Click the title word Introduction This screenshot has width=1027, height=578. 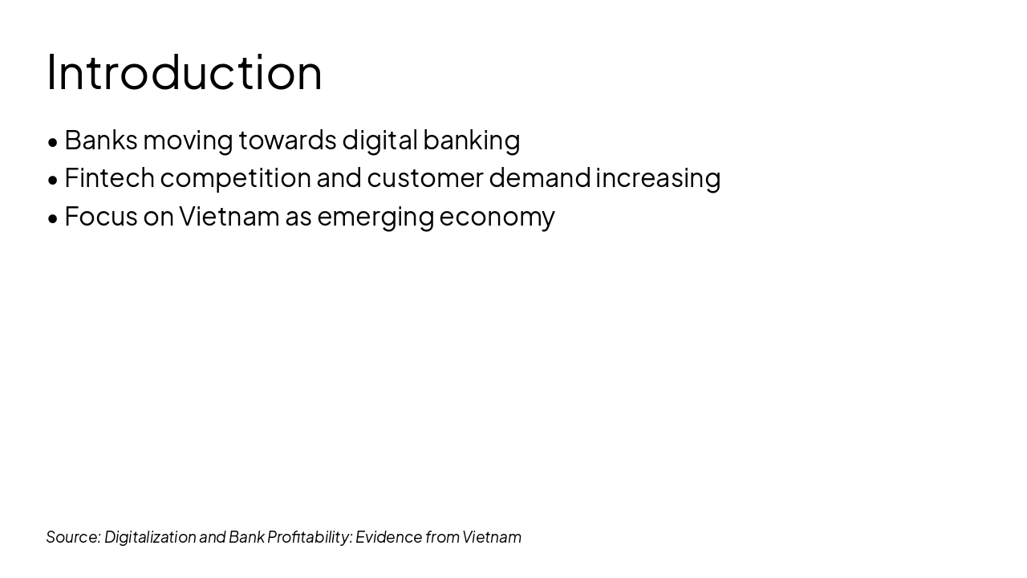pyautogui.click(x=185, y=72)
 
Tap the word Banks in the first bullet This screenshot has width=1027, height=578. pyautogui.click(x=101, y=140)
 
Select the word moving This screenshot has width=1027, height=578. pyautogui.click(x=188, y=140)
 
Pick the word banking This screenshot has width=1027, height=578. pyautogui.click(x=472, y=140)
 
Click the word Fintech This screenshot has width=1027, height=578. pyautogui.click(x=109, y=177)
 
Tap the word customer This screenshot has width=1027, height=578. pyautogui.click(x=425, y=177)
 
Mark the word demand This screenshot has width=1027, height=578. pyautogui.click(x=539, y=177)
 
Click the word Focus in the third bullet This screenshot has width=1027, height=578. pyautogui.click(x=101, y=216)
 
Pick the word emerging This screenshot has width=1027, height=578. pyautogui.click(x=375, y=217)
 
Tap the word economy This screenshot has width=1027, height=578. pyautogui.click(x=497, y=217)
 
